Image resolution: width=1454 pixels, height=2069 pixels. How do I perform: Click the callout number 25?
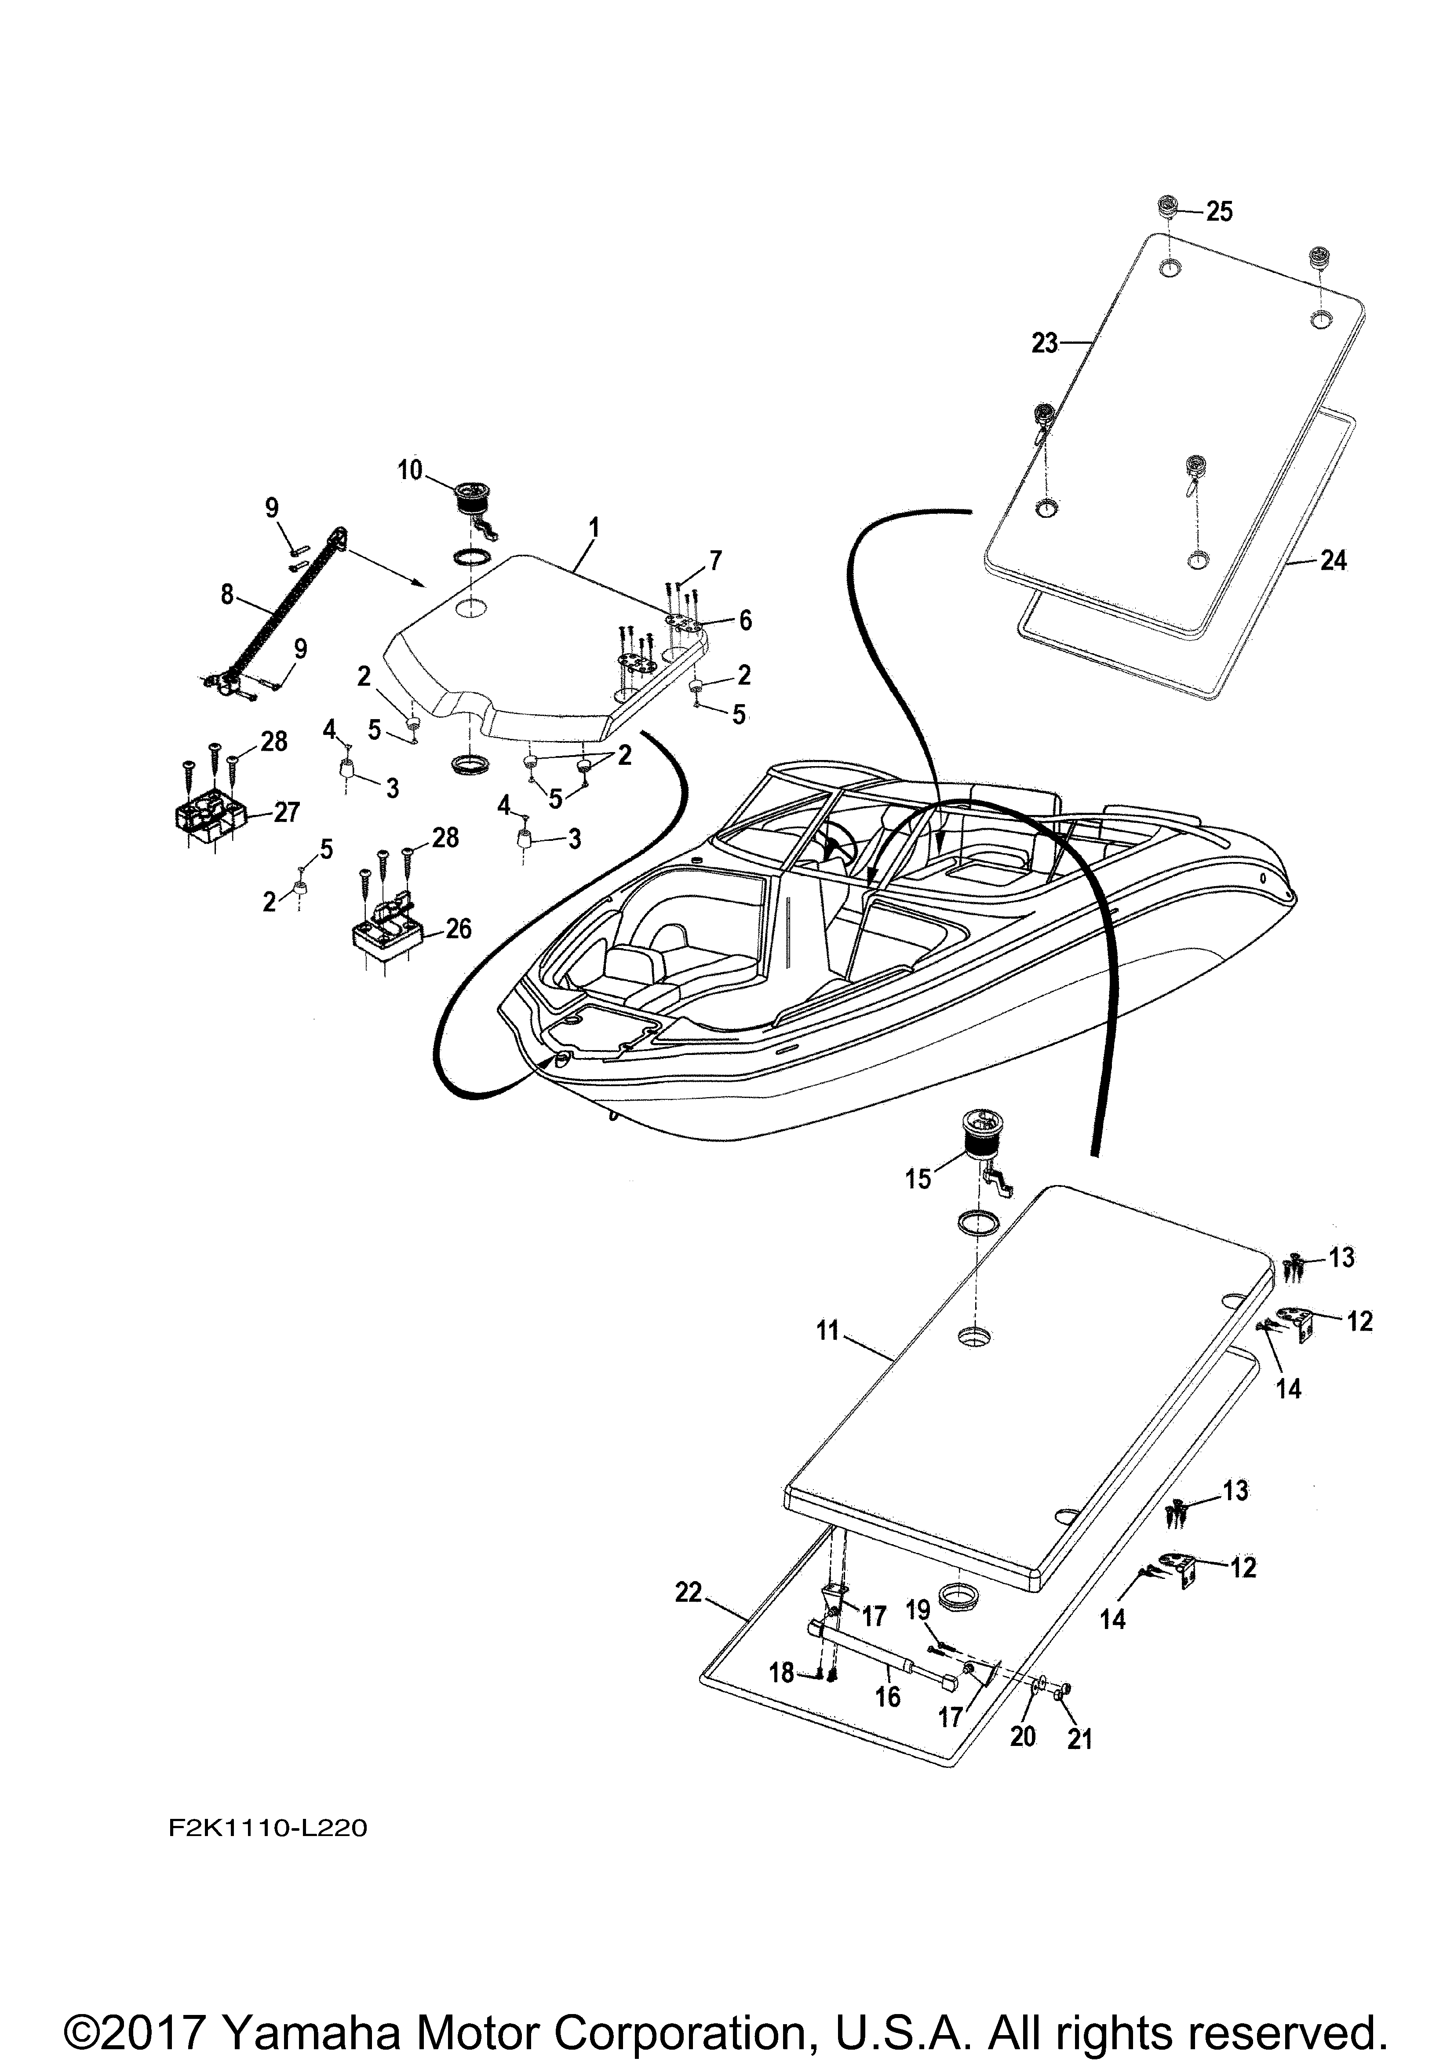click(1220, 212)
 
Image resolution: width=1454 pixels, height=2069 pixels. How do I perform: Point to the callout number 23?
click(1046, 343)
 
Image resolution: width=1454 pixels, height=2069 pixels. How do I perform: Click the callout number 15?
click(918, 1179)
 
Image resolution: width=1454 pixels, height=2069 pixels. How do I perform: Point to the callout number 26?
click(459, 928)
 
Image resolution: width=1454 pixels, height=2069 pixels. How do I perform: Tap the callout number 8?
click(226, 594)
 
